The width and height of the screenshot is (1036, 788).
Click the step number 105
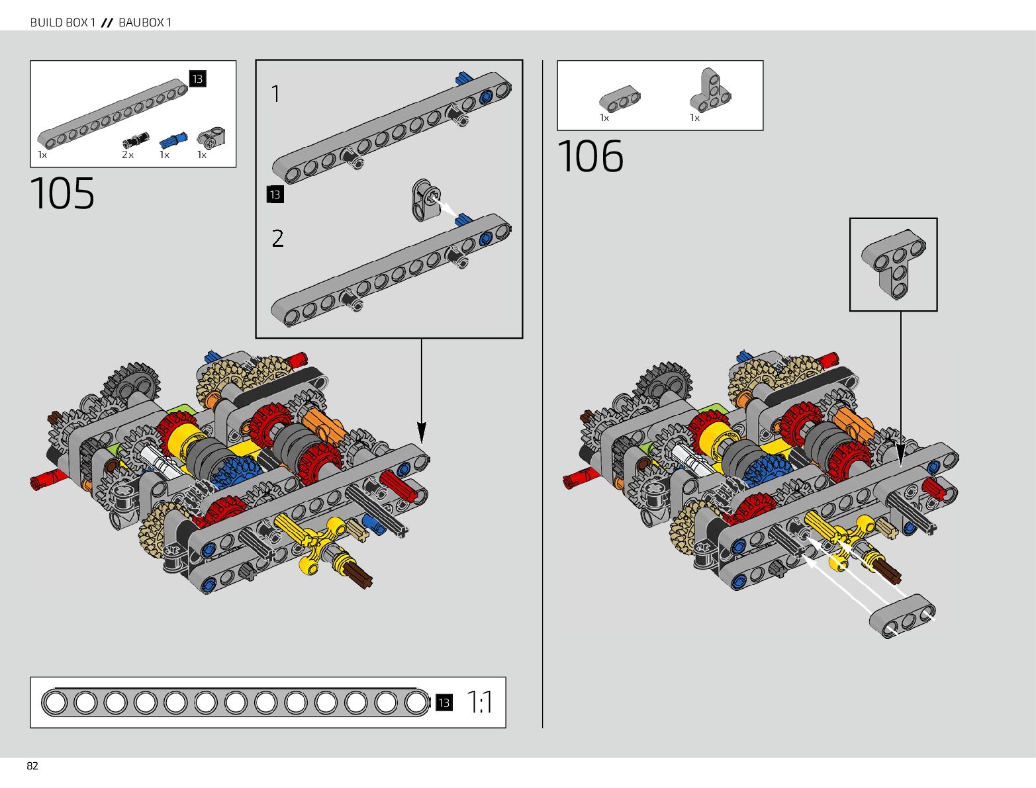[62, 193]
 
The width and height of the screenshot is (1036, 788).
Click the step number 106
[590, 156]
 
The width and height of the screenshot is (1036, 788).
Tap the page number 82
[32, 766]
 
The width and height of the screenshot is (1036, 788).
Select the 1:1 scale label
[479, 702]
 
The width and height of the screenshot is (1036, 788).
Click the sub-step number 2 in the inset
[277, 238]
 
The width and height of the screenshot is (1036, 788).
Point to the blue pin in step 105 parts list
[173, 140]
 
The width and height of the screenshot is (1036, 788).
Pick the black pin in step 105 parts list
[136, 140]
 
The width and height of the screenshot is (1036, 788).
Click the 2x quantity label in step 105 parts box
[128, 155]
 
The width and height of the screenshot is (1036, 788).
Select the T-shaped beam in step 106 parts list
[710, 90]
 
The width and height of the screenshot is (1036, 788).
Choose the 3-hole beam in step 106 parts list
[620, 99]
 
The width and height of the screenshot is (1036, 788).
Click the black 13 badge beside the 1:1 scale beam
[444, 703]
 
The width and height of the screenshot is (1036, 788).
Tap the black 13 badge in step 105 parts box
[197, 79]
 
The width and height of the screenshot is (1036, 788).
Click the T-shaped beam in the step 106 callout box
[893, 263]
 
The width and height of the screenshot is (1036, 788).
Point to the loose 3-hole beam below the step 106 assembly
[902, 616]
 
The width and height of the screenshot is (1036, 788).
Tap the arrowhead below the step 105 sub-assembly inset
[422, 433]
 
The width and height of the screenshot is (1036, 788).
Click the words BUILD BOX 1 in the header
[63, 22]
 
